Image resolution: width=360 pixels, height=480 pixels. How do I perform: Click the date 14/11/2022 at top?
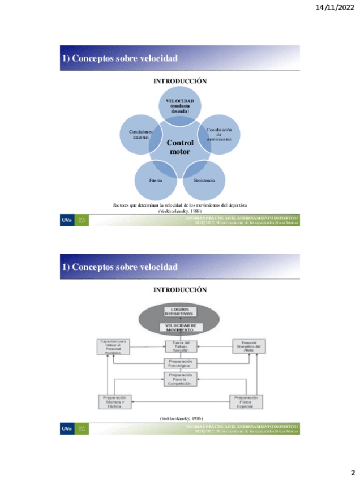click(334, 8)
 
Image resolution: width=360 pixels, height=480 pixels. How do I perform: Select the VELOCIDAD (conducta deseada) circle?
click(180, 106)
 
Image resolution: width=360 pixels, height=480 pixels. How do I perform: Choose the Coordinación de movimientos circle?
click(218, 134)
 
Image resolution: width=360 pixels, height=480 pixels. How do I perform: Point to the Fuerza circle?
click(156, 180)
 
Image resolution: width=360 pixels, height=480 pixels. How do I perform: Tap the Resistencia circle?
click(204, 180)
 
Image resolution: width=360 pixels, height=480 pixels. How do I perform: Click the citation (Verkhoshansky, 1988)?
click(180, 211)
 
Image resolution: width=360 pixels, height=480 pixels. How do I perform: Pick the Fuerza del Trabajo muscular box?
click(180, 346)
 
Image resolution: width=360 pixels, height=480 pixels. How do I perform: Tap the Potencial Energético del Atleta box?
click(249, 346)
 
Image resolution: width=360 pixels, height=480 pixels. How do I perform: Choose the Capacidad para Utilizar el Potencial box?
click(113, 346)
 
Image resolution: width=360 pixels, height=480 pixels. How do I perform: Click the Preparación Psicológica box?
click(180, 363)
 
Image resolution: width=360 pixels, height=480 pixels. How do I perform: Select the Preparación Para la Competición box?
click(180, 379)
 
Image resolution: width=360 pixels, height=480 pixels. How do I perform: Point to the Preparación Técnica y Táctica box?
click(114, 401)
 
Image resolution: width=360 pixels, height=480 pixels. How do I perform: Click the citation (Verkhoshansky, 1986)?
click(180, 418)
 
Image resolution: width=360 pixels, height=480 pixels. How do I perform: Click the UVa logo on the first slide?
click(68, 220)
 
